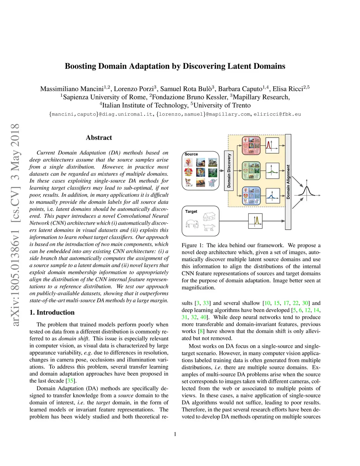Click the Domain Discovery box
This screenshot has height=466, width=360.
229,171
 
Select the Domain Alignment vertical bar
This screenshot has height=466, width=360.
288,182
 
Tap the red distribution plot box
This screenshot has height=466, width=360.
272,145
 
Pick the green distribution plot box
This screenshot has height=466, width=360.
272,171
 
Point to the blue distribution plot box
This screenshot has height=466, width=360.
272,196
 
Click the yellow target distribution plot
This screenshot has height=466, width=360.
256,221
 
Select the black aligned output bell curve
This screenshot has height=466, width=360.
307,192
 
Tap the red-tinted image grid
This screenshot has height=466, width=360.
251,145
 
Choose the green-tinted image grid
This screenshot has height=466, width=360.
251,171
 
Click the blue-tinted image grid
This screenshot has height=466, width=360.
251,196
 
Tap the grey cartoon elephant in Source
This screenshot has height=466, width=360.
212,183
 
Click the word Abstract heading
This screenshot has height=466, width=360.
99,138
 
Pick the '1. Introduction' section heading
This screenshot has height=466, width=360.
52,312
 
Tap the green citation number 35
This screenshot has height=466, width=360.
70,381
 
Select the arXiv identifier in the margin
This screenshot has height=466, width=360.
15,225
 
